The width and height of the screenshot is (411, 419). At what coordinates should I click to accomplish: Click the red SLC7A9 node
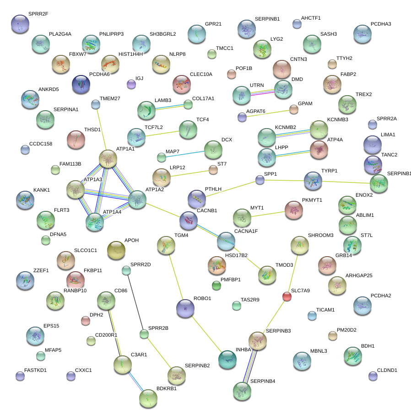tap(287, 297)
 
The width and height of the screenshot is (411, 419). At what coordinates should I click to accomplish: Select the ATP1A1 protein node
tap(108, 158)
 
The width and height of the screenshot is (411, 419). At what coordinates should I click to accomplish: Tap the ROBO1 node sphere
tap(185, 308)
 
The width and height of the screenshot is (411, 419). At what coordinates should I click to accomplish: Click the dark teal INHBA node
tap(227, 360)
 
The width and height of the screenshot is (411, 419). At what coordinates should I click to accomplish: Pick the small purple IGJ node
tap(131, 84)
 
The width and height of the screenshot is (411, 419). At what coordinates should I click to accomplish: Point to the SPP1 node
tap(260, 180)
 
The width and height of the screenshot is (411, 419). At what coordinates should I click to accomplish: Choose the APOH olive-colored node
tap(116, 250)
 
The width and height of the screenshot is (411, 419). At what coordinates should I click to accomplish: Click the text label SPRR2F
tap(38, 14)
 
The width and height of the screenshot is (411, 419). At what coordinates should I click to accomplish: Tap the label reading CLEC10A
tap(201, 74)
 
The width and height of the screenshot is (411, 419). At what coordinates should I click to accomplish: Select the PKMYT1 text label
tap(312, 200)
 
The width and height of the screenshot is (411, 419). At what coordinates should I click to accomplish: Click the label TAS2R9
tap(250, 300)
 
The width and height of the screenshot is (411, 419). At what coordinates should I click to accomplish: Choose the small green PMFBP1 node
tap(216, 286)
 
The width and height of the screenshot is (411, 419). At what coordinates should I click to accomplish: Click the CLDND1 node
tap(373, 376)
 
